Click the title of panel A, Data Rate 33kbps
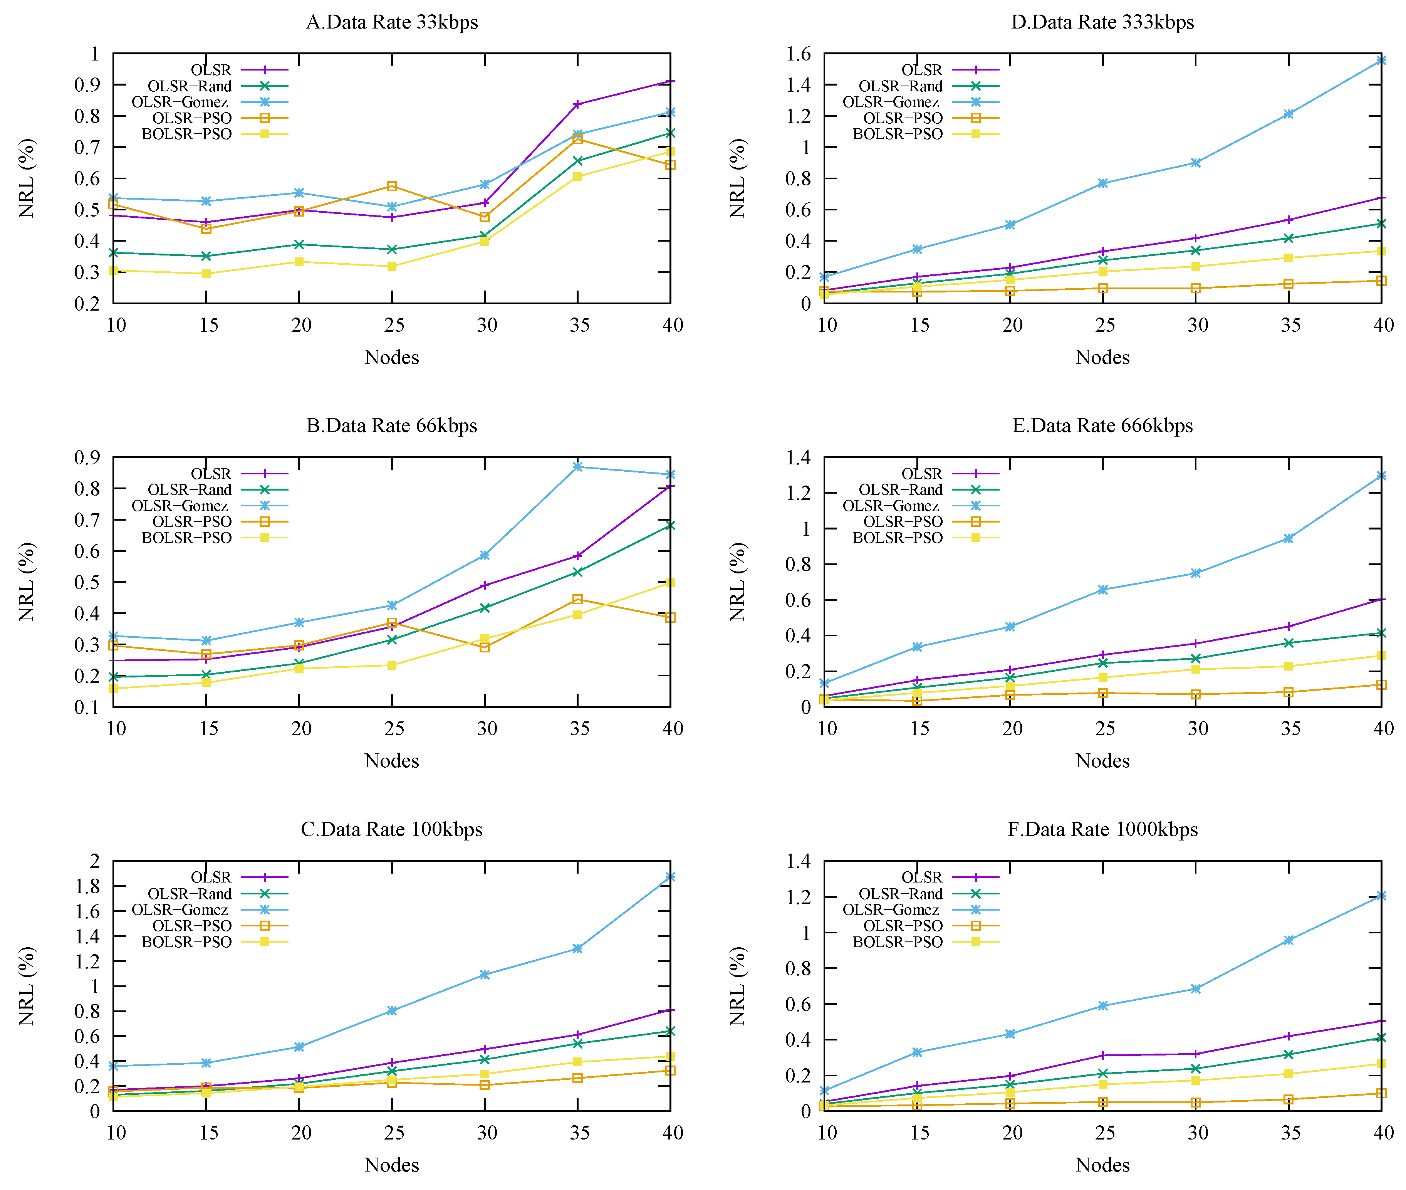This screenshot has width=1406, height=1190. tap(392, 22)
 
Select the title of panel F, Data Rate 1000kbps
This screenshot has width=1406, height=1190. tap(1102, 829)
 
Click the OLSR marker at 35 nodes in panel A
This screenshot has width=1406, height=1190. tap(577, 104)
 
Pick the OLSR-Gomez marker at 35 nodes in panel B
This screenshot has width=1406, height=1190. tap(577, 467)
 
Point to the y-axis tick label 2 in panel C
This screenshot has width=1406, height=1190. tap(95, 861)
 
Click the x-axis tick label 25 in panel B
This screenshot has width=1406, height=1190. tap(394, 729)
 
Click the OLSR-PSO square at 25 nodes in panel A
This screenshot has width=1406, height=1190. tap(392, 186)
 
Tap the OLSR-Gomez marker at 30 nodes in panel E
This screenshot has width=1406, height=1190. tap(1196, 573)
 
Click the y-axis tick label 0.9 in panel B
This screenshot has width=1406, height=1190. tap(88, 457)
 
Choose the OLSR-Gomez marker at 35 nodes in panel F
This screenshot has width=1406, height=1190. tap(1289, 940)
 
